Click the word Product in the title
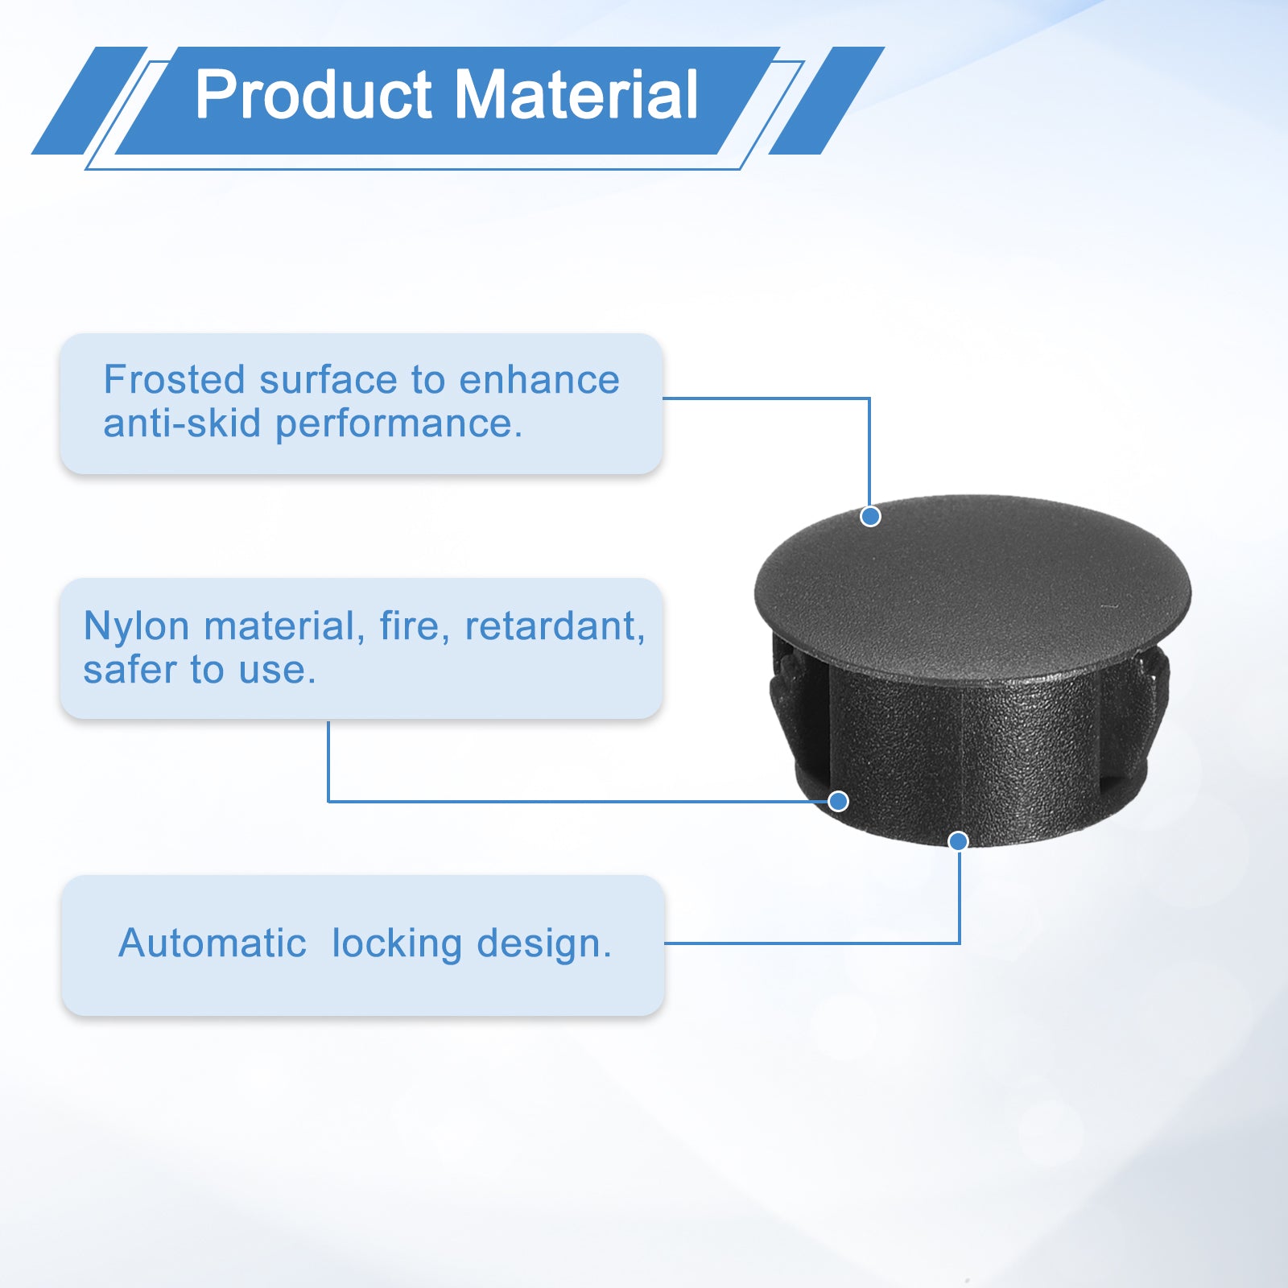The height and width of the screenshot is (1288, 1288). (314, 95)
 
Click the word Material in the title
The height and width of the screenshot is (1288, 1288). (576, 95)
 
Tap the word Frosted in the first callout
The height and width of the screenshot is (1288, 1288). (174, 380)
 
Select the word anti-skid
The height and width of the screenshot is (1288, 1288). (182, 423)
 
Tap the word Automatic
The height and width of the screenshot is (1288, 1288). (213, 943)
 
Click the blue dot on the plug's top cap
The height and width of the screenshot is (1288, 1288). (870, 516)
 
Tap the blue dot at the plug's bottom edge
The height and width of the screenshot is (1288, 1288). (958, 841)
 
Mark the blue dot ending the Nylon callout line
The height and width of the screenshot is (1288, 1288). (838, 801)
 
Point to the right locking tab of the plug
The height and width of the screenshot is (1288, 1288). (1150, 700)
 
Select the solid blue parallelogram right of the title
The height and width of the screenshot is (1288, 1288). (827, 101)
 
